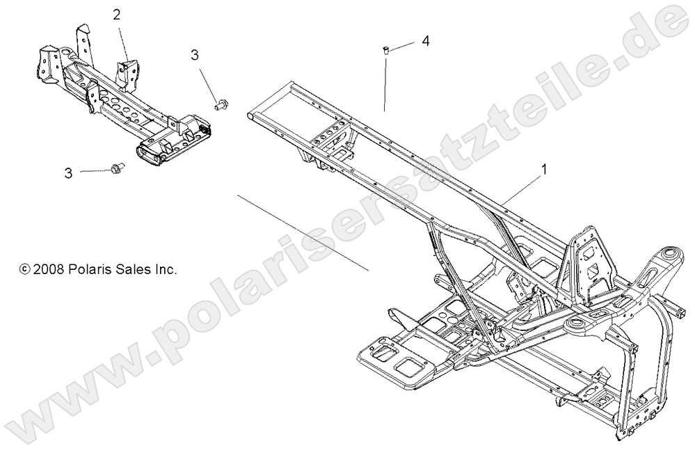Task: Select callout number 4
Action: (x=425, y=41)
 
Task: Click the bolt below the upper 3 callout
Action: (x=222, y=104)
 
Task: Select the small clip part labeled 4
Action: (x=384, y=49)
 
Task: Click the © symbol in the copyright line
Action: (x=25, y=268)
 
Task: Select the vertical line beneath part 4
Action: (x=384, y=83)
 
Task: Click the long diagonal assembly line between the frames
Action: (x=303, y=232)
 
